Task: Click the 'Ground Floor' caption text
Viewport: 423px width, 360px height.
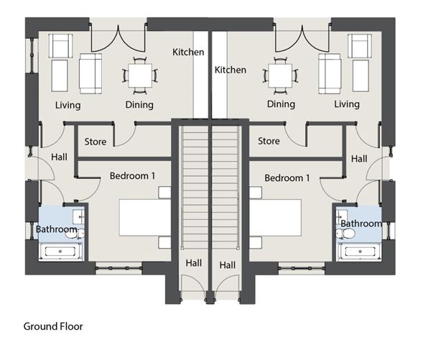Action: pyautogui.click(x=53, y=326)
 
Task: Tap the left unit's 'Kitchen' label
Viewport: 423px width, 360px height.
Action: pyautogui.click(x=188, y=52)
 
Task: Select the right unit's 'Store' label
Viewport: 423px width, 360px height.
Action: pyautogui.click(x=269, y=141)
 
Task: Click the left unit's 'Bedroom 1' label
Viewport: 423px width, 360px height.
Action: pyautogui.click(x=132, y=176)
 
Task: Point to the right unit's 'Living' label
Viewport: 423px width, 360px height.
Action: pyautogui.click(x=347, y=104)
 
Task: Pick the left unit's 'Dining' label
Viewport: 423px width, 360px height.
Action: pyautogui.click(x=139, y=105)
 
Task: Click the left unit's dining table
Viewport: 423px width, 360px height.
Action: pyautogui.click(x=140, y=75)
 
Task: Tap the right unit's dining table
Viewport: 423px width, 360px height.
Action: pyautogui.click(x=280, y=75)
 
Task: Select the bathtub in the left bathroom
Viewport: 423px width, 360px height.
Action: pyautogui.click(x=60, y=251)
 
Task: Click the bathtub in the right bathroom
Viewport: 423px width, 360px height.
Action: pyautogui.click(x=360, y=251)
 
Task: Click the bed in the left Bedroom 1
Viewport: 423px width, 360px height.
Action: pyautogui.click(x=145, y=218)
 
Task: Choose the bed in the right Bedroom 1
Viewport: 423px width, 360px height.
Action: pyautogui.click(x=275, y=218)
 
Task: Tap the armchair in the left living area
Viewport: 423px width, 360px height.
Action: pyautogui.click(x=61, y=45)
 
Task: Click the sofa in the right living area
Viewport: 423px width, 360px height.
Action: pyautogui.click(x=330, y=73)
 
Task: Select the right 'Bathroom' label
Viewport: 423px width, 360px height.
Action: pyautogui.click(x=361, y=223)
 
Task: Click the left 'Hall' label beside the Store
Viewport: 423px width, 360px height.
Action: pyautogui.click(x=59, y=157)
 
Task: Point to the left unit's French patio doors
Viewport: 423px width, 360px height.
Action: pyautogui.click(x=118, y=38)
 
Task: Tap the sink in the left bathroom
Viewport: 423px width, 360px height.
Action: pyautogui.click(x=79, y=217)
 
